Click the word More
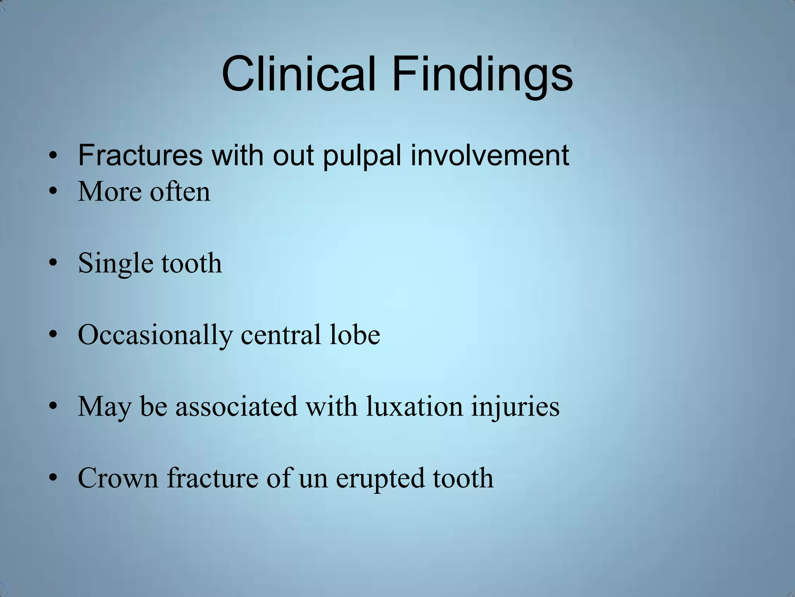pyautogui.click(x=111, y=192)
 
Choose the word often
pyautogui.click(x=180, y=192)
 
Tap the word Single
pyautogui.click(x=116, y=264)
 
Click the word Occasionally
pyautogui.click(x=155, y=335)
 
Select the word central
pyautogui.click(x=281, y=335)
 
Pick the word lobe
pyautogui.click(x=354, y=335)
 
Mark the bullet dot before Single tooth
pyautogui.click(x=53, y=264)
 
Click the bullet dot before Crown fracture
pyautogui.click(x=53, y=478)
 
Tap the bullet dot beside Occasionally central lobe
pyautogui.click(x=53, y=335)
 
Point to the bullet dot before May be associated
pyautogui.click(x=53, y=407)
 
